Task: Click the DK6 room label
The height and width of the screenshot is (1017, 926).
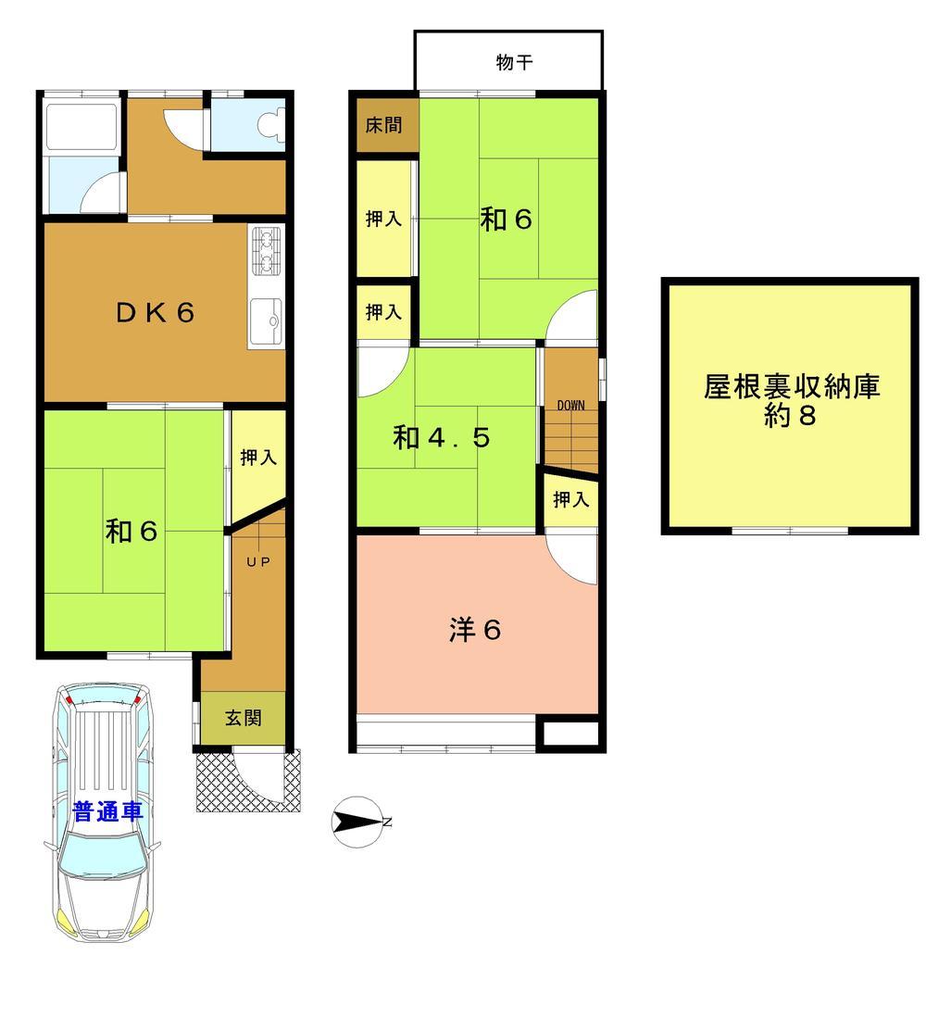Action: coord(155,313)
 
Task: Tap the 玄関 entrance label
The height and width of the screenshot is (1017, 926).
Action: coord(243,718)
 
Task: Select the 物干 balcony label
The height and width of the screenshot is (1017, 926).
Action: coord(514,63)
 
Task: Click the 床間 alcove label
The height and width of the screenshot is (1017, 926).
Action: coord(383,124)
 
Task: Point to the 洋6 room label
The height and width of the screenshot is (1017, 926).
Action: coord(475,631)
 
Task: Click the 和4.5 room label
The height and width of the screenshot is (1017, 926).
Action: coord(441,437)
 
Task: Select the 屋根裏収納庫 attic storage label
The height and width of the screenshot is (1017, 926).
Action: coord(791,387)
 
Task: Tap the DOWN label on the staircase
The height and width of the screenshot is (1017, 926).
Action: coord(570,405)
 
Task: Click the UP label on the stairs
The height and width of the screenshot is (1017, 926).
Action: coord(257,561)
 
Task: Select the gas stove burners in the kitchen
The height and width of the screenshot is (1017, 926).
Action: coord(266,250)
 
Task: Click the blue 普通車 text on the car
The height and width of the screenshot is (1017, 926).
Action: coord(107,812)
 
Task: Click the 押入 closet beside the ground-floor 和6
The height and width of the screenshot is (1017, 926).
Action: coord(257,458)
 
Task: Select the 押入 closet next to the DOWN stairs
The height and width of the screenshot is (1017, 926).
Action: coord(570,500)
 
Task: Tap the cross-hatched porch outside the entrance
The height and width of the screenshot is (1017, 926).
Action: coord(215,783)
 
